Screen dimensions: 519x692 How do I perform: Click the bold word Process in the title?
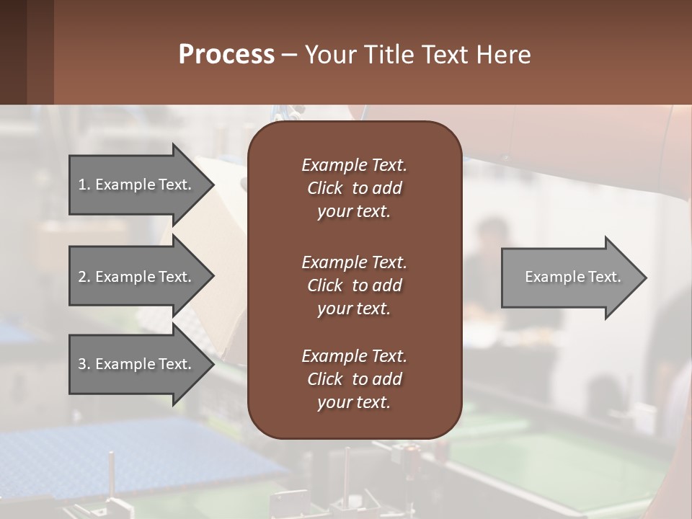(226, 55)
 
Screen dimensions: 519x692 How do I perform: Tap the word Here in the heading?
(503, 55)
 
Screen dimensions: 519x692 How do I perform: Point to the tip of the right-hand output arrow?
(645, 278)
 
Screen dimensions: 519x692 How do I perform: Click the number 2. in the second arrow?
(84, 277)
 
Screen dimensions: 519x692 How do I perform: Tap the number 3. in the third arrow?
(84, 364)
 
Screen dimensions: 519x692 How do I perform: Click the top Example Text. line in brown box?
(354, 165)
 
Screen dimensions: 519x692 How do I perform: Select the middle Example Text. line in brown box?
(354, 262)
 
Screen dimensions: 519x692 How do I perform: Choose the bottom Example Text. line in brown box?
(354, 356)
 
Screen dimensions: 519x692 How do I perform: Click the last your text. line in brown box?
(354, 403)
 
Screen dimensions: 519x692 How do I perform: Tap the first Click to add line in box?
(354, 188)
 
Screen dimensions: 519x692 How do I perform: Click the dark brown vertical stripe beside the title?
(13, 52)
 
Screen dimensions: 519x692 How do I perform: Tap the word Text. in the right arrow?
(604, 277)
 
